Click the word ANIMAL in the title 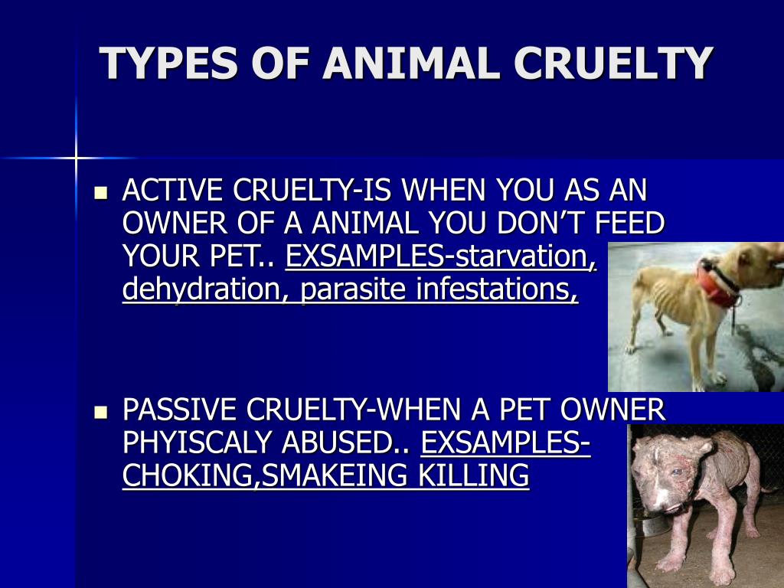click(411, 63)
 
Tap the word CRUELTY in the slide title click(613, 63)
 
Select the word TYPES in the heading click(168, 63)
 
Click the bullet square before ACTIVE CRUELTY click(101, 192)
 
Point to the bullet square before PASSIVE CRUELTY click(101, 412)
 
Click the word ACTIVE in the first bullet click(172, 190)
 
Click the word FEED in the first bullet click(629, 223)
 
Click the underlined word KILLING click(473, 475)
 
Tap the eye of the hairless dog click(676, 471)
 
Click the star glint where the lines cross click(76, 158)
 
